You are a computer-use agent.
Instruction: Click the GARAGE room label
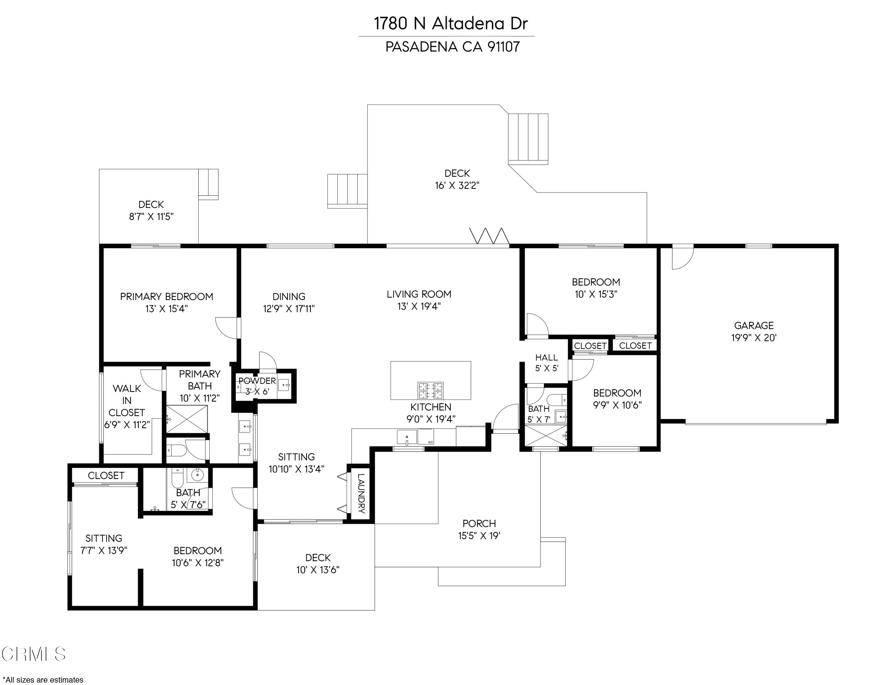pos(753,325)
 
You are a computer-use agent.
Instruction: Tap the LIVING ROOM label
pos(419,294)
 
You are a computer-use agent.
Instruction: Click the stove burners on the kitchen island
pos(430,390)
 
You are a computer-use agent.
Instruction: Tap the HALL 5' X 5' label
pos(546,362)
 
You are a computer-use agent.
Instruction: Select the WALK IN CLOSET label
pos(127,400)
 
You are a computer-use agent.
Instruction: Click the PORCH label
pos(479,523)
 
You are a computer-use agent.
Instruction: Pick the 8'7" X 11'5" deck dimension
pos(151,217)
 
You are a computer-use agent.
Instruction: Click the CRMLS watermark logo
pos(33,654)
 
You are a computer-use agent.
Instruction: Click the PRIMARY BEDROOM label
pos(166,297)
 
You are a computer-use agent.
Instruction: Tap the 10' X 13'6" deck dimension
pos(318,570)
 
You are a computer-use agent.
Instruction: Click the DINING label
pos(289,297)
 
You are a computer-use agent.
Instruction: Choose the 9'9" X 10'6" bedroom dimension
pos(617,405)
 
